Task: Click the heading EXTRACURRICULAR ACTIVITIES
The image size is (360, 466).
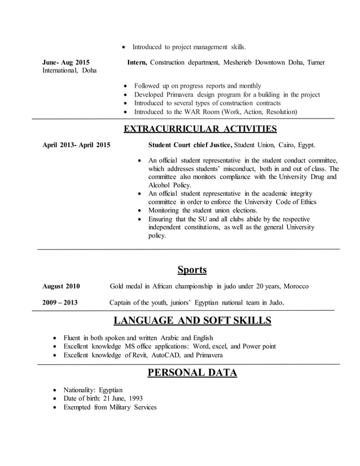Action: point(200,129)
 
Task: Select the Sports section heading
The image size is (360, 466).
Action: point(192,269)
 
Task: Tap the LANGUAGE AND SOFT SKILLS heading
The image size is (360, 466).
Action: point(192,321)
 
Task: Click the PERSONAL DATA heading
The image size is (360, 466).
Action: point(192,372)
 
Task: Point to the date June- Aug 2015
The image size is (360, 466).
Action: point(65,62)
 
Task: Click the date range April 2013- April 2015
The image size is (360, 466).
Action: point(76,145)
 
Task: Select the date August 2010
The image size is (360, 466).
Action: point(61,287)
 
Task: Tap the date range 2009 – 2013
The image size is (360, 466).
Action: point(60,303)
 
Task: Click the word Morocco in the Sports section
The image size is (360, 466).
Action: point(296,287)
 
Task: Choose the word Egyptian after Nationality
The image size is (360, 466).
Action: point(110,390)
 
